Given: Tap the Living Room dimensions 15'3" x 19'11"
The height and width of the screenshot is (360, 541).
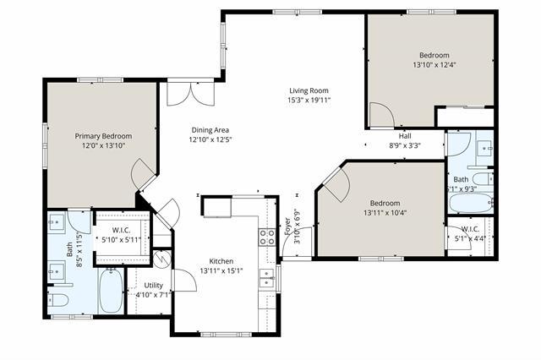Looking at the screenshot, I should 309,101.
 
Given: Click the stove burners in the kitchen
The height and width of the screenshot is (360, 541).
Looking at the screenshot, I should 267,237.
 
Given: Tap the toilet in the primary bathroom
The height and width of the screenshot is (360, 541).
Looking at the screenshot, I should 59,301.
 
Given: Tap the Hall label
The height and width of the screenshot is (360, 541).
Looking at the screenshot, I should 405,135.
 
